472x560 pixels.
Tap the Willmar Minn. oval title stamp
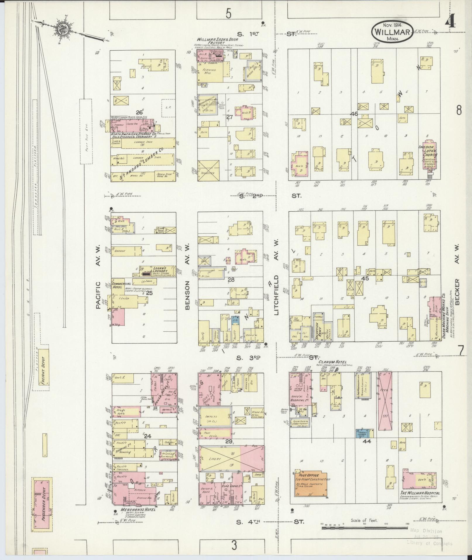coord(392,31)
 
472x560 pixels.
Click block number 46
coord(354,114)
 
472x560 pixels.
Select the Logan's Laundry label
coord(160,269)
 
